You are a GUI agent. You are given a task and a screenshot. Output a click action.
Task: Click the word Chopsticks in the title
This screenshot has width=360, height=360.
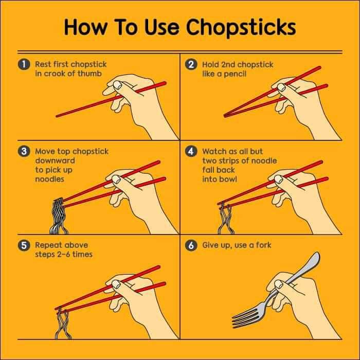[241, 28]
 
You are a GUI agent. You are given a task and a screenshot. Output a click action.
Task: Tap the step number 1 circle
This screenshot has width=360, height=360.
[24, 64]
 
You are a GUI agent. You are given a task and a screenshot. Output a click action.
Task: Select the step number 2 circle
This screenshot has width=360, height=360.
[191, 64]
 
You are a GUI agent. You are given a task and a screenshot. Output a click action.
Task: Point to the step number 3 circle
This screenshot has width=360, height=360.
[24, 151]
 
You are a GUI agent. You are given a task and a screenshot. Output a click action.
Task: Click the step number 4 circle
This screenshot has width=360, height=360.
[191, 151]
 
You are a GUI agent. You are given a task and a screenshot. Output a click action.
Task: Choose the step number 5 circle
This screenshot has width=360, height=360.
[24, 245]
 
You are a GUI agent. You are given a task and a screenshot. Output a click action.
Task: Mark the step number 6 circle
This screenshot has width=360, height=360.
[191, 245]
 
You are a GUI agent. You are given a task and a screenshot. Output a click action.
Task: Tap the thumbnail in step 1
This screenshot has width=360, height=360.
[118, 85]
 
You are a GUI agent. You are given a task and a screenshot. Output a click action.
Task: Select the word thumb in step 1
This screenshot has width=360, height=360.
[89, 74]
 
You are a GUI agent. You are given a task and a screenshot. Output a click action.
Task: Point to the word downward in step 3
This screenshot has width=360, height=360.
[55, 160]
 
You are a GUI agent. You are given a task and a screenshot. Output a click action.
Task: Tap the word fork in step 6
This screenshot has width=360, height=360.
[264, 245]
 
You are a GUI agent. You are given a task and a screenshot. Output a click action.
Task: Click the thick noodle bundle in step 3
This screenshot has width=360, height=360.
[59, 216]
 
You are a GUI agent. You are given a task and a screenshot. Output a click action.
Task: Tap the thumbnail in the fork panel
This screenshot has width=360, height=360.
[279, 284]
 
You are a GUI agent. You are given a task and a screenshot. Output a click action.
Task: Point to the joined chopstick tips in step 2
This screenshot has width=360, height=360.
[226, 115]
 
